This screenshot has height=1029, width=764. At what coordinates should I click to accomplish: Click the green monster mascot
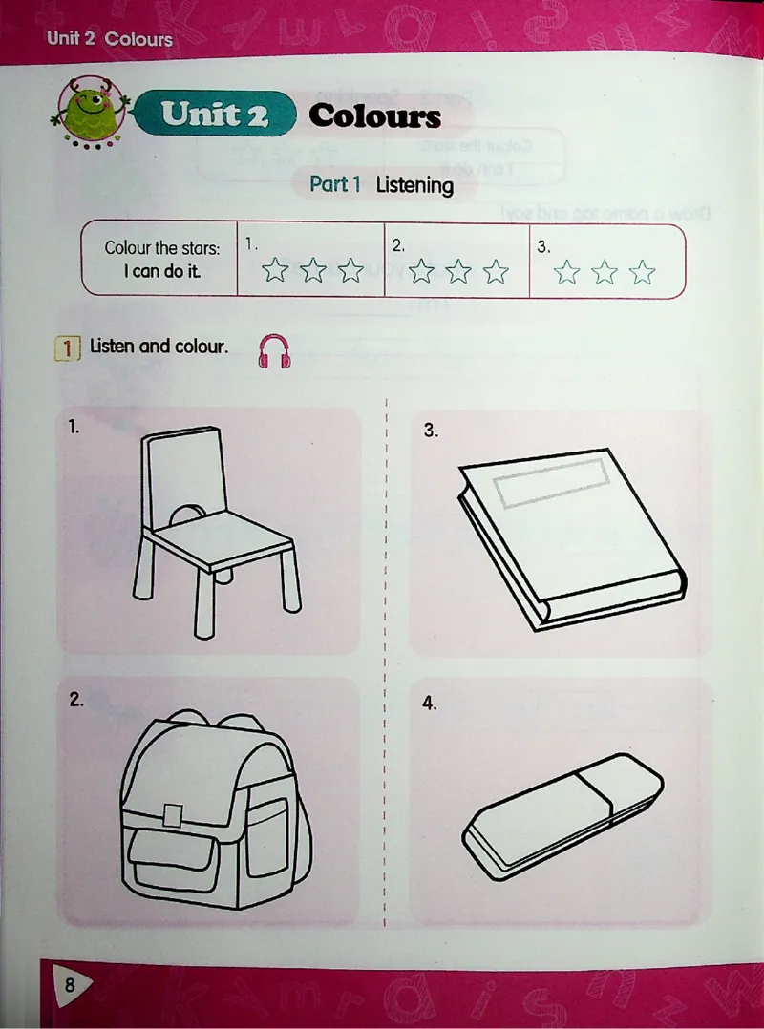91,112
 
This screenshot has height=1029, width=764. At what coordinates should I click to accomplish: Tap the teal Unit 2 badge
215,114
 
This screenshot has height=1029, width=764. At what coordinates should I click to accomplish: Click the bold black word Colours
374,116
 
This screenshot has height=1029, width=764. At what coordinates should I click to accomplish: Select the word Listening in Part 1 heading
414,186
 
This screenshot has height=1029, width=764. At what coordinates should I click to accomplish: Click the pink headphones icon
274,351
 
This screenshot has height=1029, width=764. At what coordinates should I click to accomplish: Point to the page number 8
70,984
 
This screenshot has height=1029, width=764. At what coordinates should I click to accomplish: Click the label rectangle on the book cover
551,482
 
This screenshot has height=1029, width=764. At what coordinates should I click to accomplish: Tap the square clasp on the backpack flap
173,814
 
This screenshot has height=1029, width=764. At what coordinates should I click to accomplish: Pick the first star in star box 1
275,270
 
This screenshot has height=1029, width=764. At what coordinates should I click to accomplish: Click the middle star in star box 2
458,271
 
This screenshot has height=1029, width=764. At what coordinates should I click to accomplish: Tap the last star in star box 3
642,272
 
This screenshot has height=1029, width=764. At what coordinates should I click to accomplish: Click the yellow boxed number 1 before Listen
67,347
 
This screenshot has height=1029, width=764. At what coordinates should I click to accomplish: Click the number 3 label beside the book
430,430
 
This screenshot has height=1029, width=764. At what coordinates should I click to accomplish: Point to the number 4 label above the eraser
429,704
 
